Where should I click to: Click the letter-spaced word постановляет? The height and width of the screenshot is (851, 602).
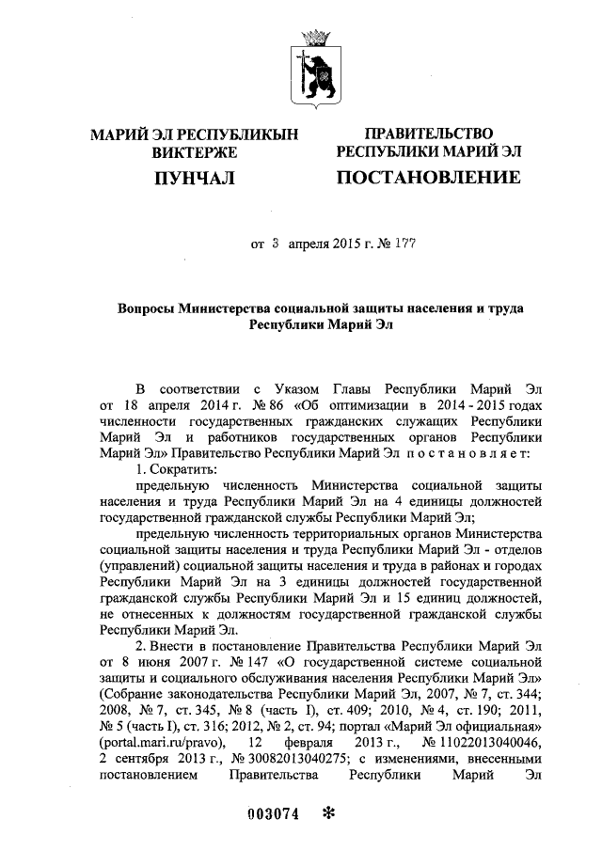(x=477, y=451)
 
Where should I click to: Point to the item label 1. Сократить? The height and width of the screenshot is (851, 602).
(x=177, y=467)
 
